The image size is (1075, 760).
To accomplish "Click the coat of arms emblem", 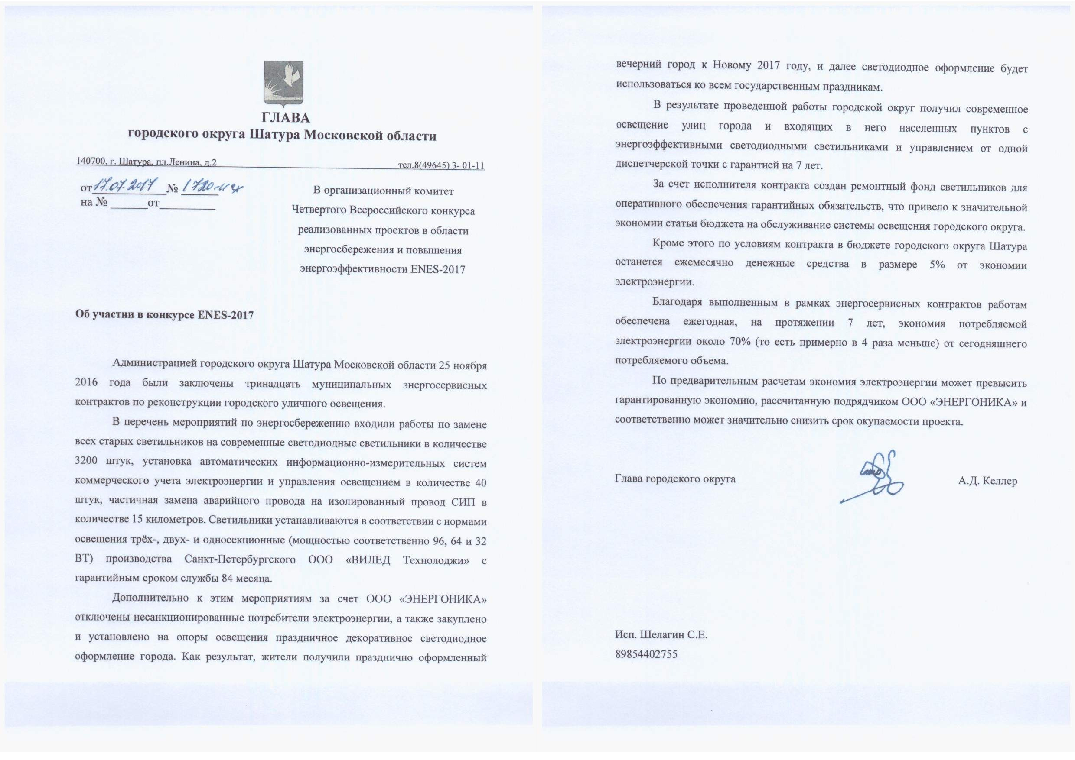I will [284, 83].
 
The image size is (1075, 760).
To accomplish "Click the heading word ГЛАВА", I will [286, 117].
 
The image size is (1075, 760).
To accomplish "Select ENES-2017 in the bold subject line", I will [225, 314].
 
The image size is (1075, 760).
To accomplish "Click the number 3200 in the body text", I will [86, 460].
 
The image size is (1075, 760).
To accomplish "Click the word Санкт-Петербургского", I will [240, 559].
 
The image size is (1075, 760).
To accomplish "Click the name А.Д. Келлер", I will [987, 481].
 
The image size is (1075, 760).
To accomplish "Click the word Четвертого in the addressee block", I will [319, 210].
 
